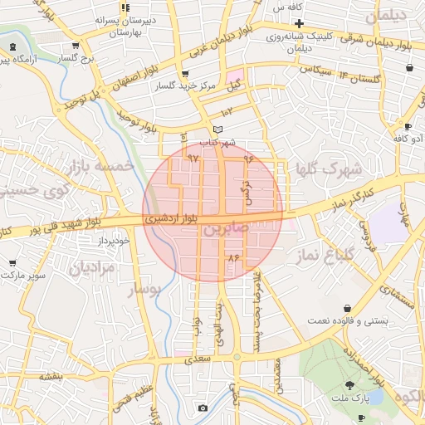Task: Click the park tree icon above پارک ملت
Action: [349, 383]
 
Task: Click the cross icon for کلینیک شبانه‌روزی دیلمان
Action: [299, 22]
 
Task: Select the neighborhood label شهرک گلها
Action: [330, 169]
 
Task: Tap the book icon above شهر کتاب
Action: [218, 129]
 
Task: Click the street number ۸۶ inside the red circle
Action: [232, 259]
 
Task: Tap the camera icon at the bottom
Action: [203, 408]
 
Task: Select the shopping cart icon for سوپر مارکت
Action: [12, 262]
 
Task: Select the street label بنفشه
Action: [51, 375]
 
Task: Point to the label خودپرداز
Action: [113, 240]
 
